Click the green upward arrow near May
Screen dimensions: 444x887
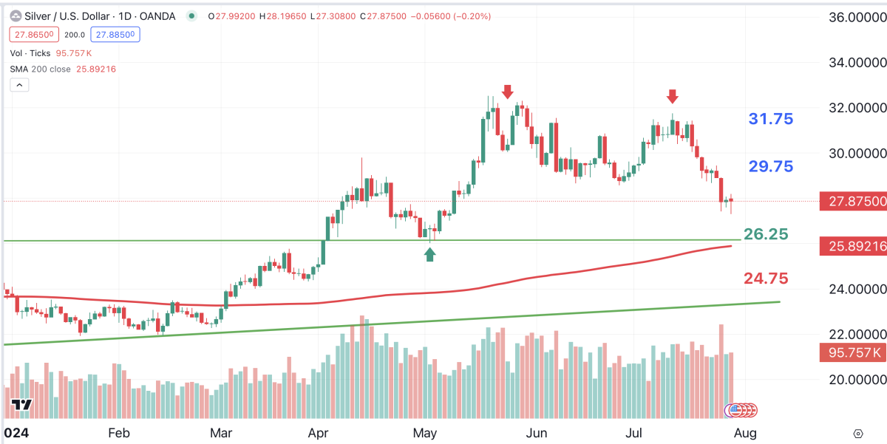[x=430, y=254]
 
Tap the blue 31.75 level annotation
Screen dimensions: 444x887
[x=771, y=119]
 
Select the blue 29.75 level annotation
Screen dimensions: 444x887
[x=771, y=166]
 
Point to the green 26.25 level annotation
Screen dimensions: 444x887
[x=766, y=234]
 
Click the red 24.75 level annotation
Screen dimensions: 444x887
[x=766, y=279]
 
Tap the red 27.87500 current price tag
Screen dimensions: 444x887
[x=853, y=202]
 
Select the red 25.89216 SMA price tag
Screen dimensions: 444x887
[x=853, y=247]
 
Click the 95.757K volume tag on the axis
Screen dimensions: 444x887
[x=853, y=352]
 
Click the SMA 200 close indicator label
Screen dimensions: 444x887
[x=41, y=69]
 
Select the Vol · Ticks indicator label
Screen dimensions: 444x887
[x=30, y=53]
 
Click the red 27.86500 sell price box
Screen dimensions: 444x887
[x=32, y=34]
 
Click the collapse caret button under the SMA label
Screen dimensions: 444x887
[x=19, y=86]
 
